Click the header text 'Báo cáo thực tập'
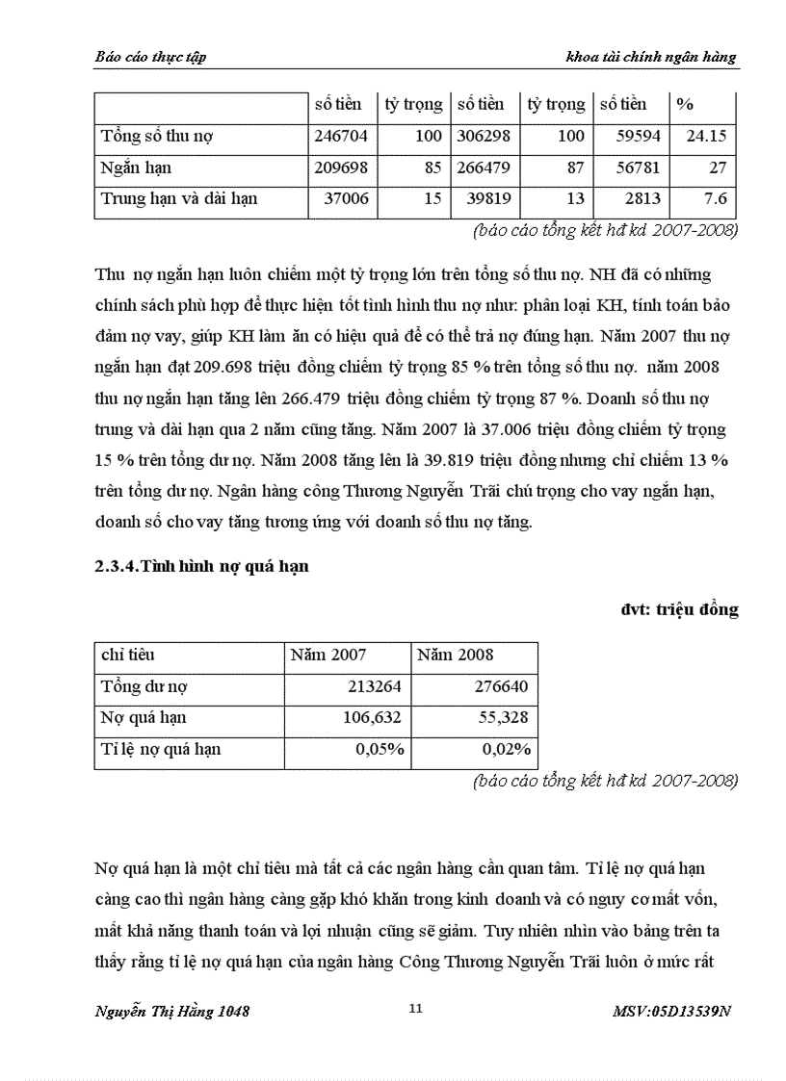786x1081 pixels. tap(150, 57)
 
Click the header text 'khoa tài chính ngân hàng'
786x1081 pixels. tap(651, 57)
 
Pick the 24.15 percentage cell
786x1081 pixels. tap(706, 136)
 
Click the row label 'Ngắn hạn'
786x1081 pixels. tap(136, 167)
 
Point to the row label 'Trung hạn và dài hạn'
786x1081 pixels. tap(179, 199)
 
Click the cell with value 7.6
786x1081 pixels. tap(715, 199)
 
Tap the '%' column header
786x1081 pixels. tap(685, 104)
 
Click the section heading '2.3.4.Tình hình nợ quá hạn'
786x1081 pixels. tap(201, 566)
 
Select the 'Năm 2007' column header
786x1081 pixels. tap(328, 655)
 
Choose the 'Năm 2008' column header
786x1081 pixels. tap(455, 655)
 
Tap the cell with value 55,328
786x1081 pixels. tap(502, 717)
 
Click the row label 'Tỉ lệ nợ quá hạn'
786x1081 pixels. tap(161, 749)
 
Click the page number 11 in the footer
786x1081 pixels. tap(416, 1009)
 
